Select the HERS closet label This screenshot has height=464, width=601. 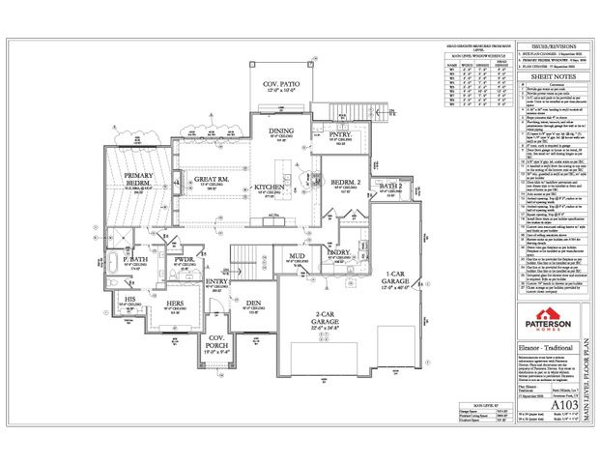[173, 304]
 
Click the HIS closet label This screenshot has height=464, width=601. [129, 301]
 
